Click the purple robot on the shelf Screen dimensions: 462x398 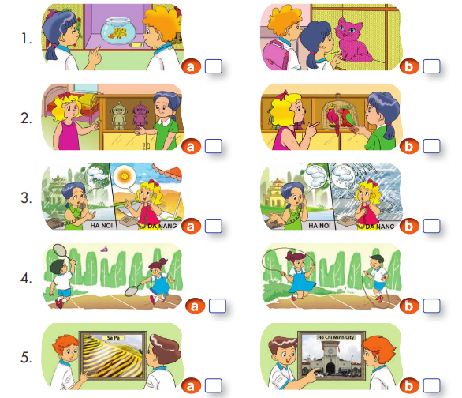click(140, 115)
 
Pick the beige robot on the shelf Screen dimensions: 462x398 click(119, 115)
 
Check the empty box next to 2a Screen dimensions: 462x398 click(214, 146)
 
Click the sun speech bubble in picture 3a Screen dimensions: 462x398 click(124, 177)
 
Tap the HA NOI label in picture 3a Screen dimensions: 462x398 click(102, 226)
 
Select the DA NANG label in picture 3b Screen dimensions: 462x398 click(380, 227)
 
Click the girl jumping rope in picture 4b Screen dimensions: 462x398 click(300, 275)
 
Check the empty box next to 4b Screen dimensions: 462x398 click(432, 306)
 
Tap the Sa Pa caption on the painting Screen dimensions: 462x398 click(114, 337)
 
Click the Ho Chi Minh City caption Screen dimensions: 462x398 click(336, 337)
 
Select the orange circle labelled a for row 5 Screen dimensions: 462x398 click(191, 386)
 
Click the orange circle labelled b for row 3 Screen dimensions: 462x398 click(409, 226)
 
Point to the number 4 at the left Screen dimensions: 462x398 click(26, 278)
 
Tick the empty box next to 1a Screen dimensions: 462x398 click(214, 66)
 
